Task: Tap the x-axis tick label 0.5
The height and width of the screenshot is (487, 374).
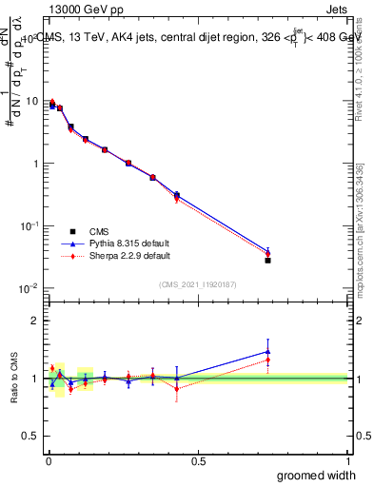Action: coord(198,461)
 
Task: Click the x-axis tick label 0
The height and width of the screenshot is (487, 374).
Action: coord(48,461)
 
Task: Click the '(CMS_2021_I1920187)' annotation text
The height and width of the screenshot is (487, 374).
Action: coord(197,283)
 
